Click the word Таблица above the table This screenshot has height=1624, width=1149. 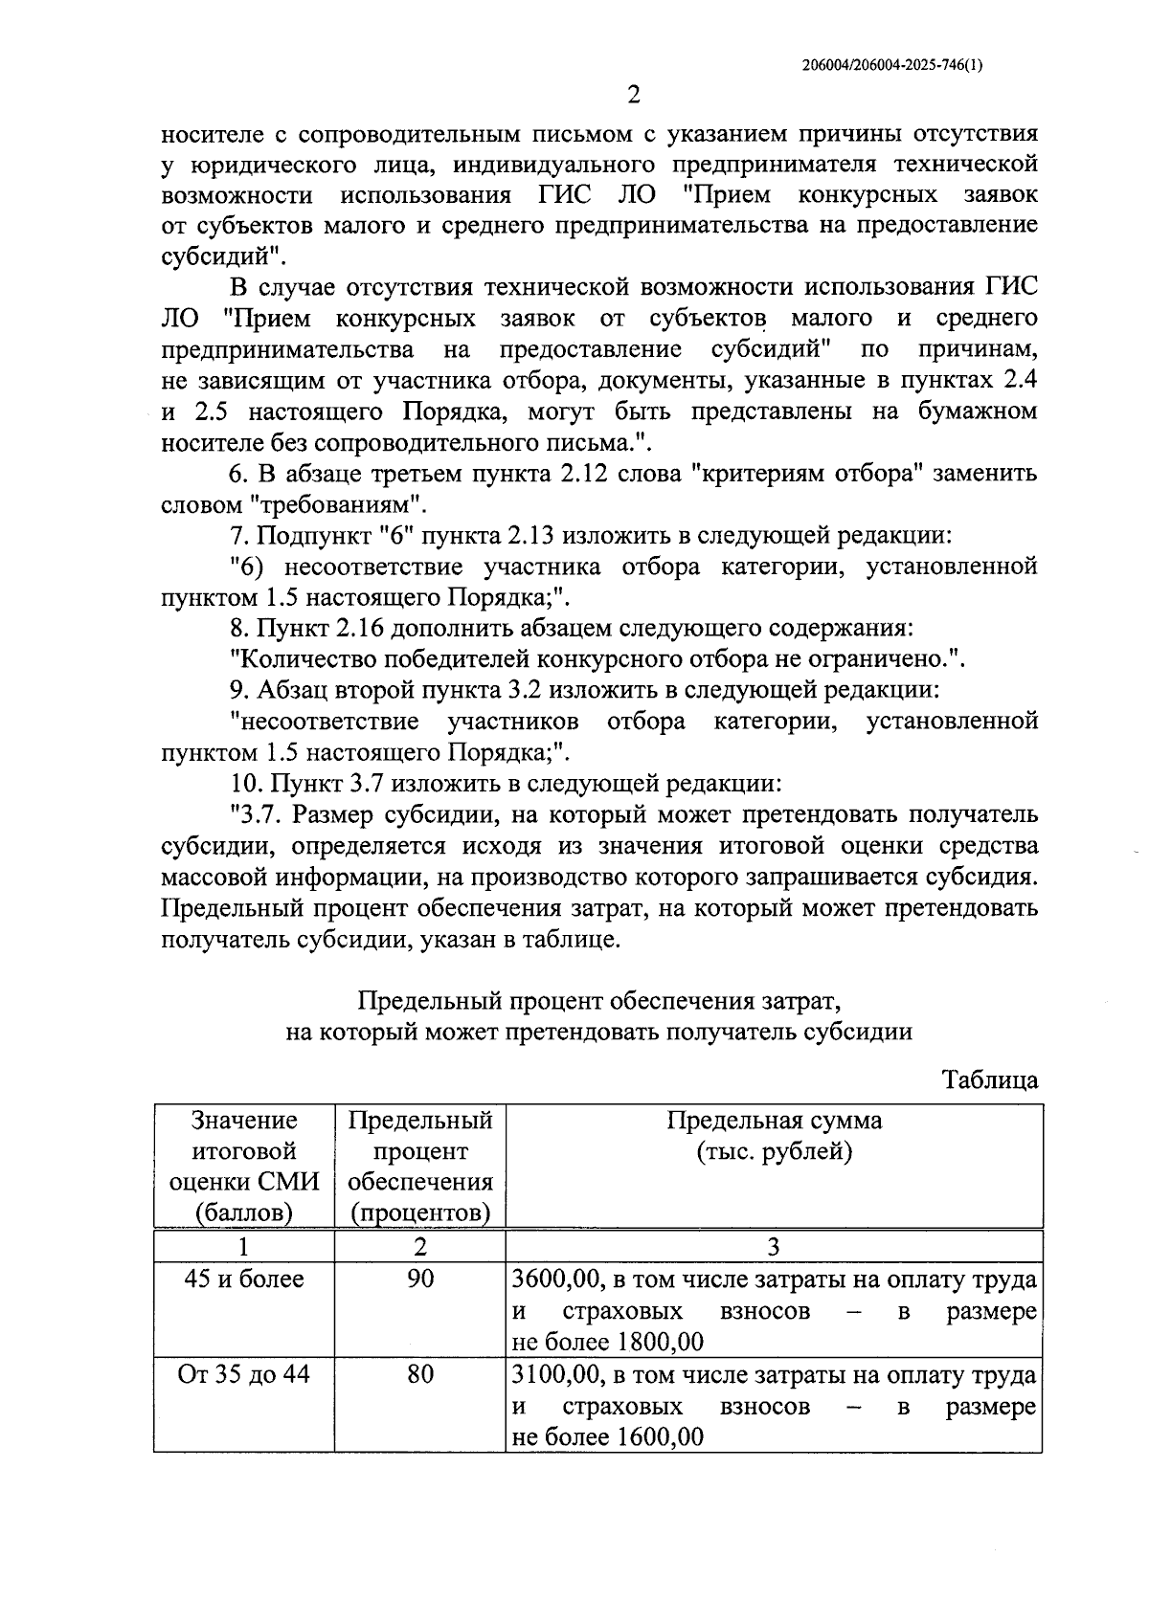tap(990, 1080)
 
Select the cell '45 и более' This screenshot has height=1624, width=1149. tap(244, 1279)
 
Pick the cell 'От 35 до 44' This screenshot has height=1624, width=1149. tap(244, 1374)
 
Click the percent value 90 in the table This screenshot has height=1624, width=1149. tap(420, 1279)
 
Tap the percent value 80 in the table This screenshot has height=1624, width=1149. tap(420, 1374)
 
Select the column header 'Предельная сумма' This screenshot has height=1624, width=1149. tap(774, 1120)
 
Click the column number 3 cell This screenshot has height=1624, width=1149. tap(774, 1246)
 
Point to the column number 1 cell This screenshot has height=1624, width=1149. tap(244, 1246)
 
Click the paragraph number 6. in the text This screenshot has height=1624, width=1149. tap(238, 474)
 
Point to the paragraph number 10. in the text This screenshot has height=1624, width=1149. tap(246, 784)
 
